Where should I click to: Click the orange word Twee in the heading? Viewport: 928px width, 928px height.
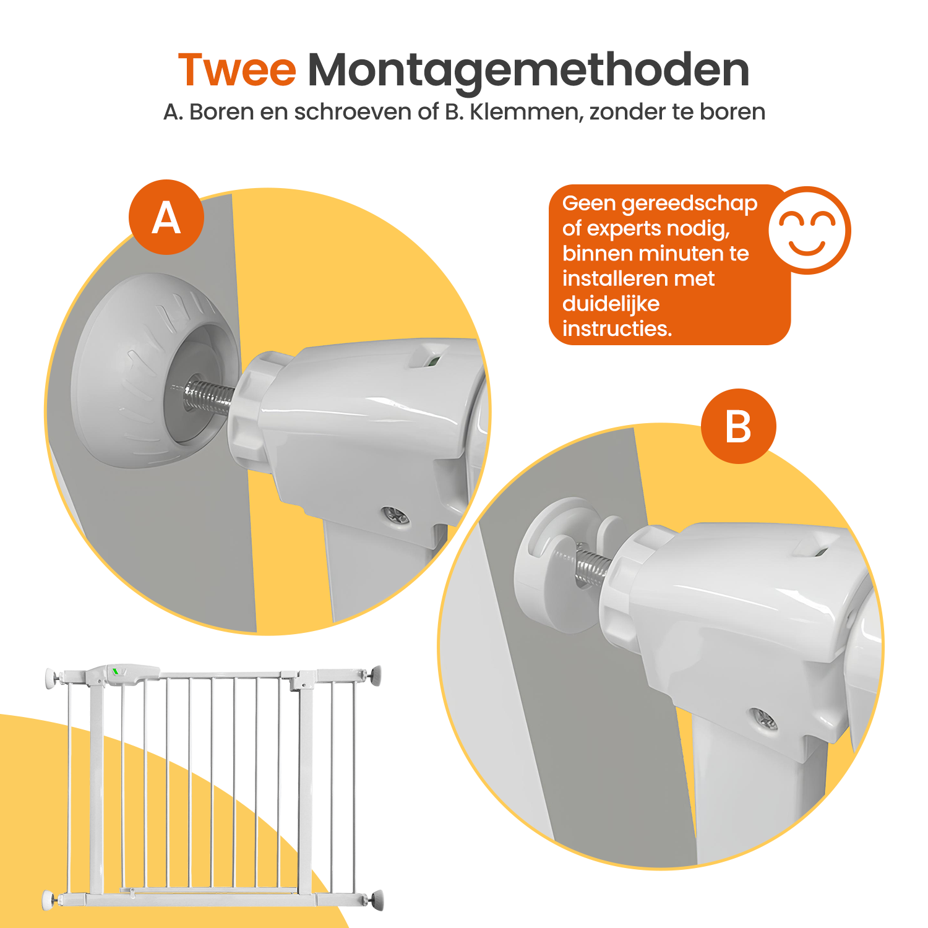point(237,69)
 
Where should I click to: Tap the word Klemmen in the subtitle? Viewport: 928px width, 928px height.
point(526,113)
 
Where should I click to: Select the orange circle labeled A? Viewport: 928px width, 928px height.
point(166,217)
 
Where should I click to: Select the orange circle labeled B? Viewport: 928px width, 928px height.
point(738,426)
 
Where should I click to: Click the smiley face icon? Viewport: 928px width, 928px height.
point(809,230)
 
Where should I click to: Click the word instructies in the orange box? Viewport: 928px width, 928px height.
point(617,329)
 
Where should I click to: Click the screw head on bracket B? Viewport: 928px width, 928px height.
point(765,719)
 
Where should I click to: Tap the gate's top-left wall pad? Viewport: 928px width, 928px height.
point(51,678)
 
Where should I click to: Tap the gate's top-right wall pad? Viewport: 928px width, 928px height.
point(376,675)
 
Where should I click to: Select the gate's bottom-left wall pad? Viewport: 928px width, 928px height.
point(48,900)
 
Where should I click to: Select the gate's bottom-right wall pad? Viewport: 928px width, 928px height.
point(376,900)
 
